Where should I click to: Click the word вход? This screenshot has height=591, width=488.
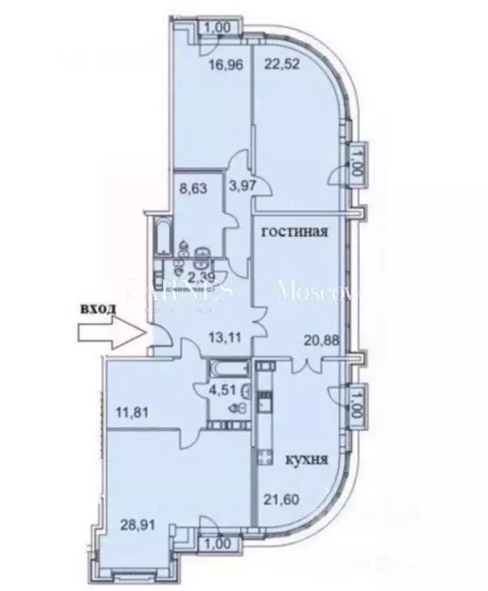(x=98, y=309)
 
